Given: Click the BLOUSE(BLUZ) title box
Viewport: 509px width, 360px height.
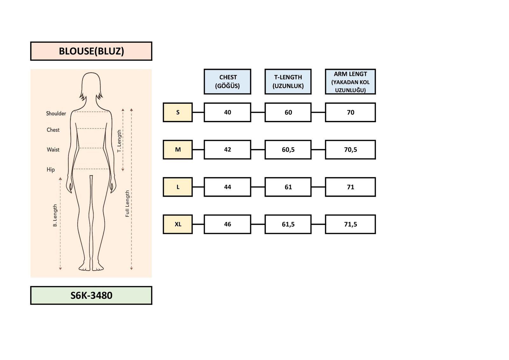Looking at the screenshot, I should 91,51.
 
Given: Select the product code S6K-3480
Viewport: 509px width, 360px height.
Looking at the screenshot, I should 91,295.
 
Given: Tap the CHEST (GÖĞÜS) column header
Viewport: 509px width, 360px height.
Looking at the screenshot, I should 227,82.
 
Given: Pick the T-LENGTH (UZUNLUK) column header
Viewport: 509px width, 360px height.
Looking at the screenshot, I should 288,82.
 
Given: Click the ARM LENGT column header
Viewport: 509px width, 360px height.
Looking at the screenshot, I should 350,82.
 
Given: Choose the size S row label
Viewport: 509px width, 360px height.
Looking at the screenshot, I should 178,112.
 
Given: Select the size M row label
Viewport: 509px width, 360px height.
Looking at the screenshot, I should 178,150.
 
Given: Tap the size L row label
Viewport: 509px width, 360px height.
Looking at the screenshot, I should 178,187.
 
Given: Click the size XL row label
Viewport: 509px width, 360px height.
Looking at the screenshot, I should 178,224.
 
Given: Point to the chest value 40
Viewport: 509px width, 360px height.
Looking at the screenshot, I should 227,112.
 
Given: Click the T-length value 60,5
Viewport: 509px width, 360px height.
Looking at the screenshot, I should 288,150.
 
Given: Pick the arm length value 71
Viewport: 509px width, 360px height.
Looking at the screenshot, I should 350,187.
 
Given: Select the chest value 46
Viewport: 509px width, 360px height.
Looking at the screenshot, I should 227,224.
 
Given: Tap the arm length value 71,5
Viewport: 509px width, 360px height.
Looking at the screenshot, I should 350,224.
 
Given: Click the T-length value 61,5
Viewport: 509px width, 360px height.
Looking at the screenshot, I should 288,224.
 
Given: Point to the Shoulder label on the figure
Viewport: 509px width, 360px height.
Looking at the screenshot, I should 56,114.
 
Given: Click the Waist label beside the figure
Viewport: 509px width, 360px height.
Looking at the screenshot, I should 53,150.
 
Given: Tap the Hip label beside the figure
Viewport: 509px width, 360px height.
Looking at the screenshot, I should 51,170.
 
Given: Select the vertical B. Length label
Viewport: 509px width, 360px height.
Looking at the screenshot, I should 55,215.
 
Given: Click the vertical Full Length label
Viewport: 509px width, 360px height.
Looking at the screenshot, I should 128,204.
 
